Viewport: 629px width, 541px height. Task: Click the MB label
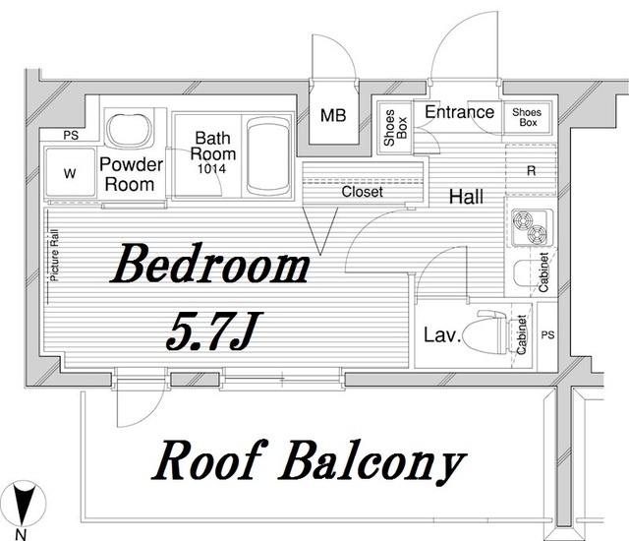(x=333, y=116)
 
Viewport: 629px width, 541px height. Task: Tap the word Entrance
(x=459, y=112)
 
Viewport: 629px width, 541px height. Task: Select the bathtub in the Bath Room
(x=268, y=156)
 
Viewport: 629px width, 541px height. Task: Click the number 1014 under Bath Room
(x=211, y=169)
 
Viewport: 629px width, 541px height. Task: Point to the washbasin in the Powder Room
(x=129, y=131)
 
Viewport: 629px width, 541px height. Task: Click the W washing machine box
(x=70, y=172)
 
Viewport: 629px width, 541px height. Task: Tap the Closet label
(x=363, y=192)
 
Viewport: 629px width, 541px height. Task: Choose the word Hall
(x=466, y=197)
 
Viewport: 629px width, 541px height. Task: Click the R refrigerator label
(x=531, y=171)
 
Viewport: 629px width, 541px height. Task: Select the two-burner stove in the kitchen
(x=532, y=227)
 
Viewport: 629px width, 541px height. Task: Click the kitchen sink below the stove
(x=523, y=273)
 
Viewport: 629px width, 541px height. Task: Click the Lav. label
(x=442, y=334)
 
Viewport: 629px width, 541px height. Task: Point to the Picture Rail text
(x=54, y=255)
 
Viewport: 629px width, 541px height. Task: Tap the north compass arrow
(x=23, y=505)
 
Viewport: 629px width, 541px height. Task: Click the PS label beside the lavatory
(x=547, y=334)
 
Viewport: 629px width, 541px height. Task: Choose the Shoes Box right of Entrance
(x=528, y=117)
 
